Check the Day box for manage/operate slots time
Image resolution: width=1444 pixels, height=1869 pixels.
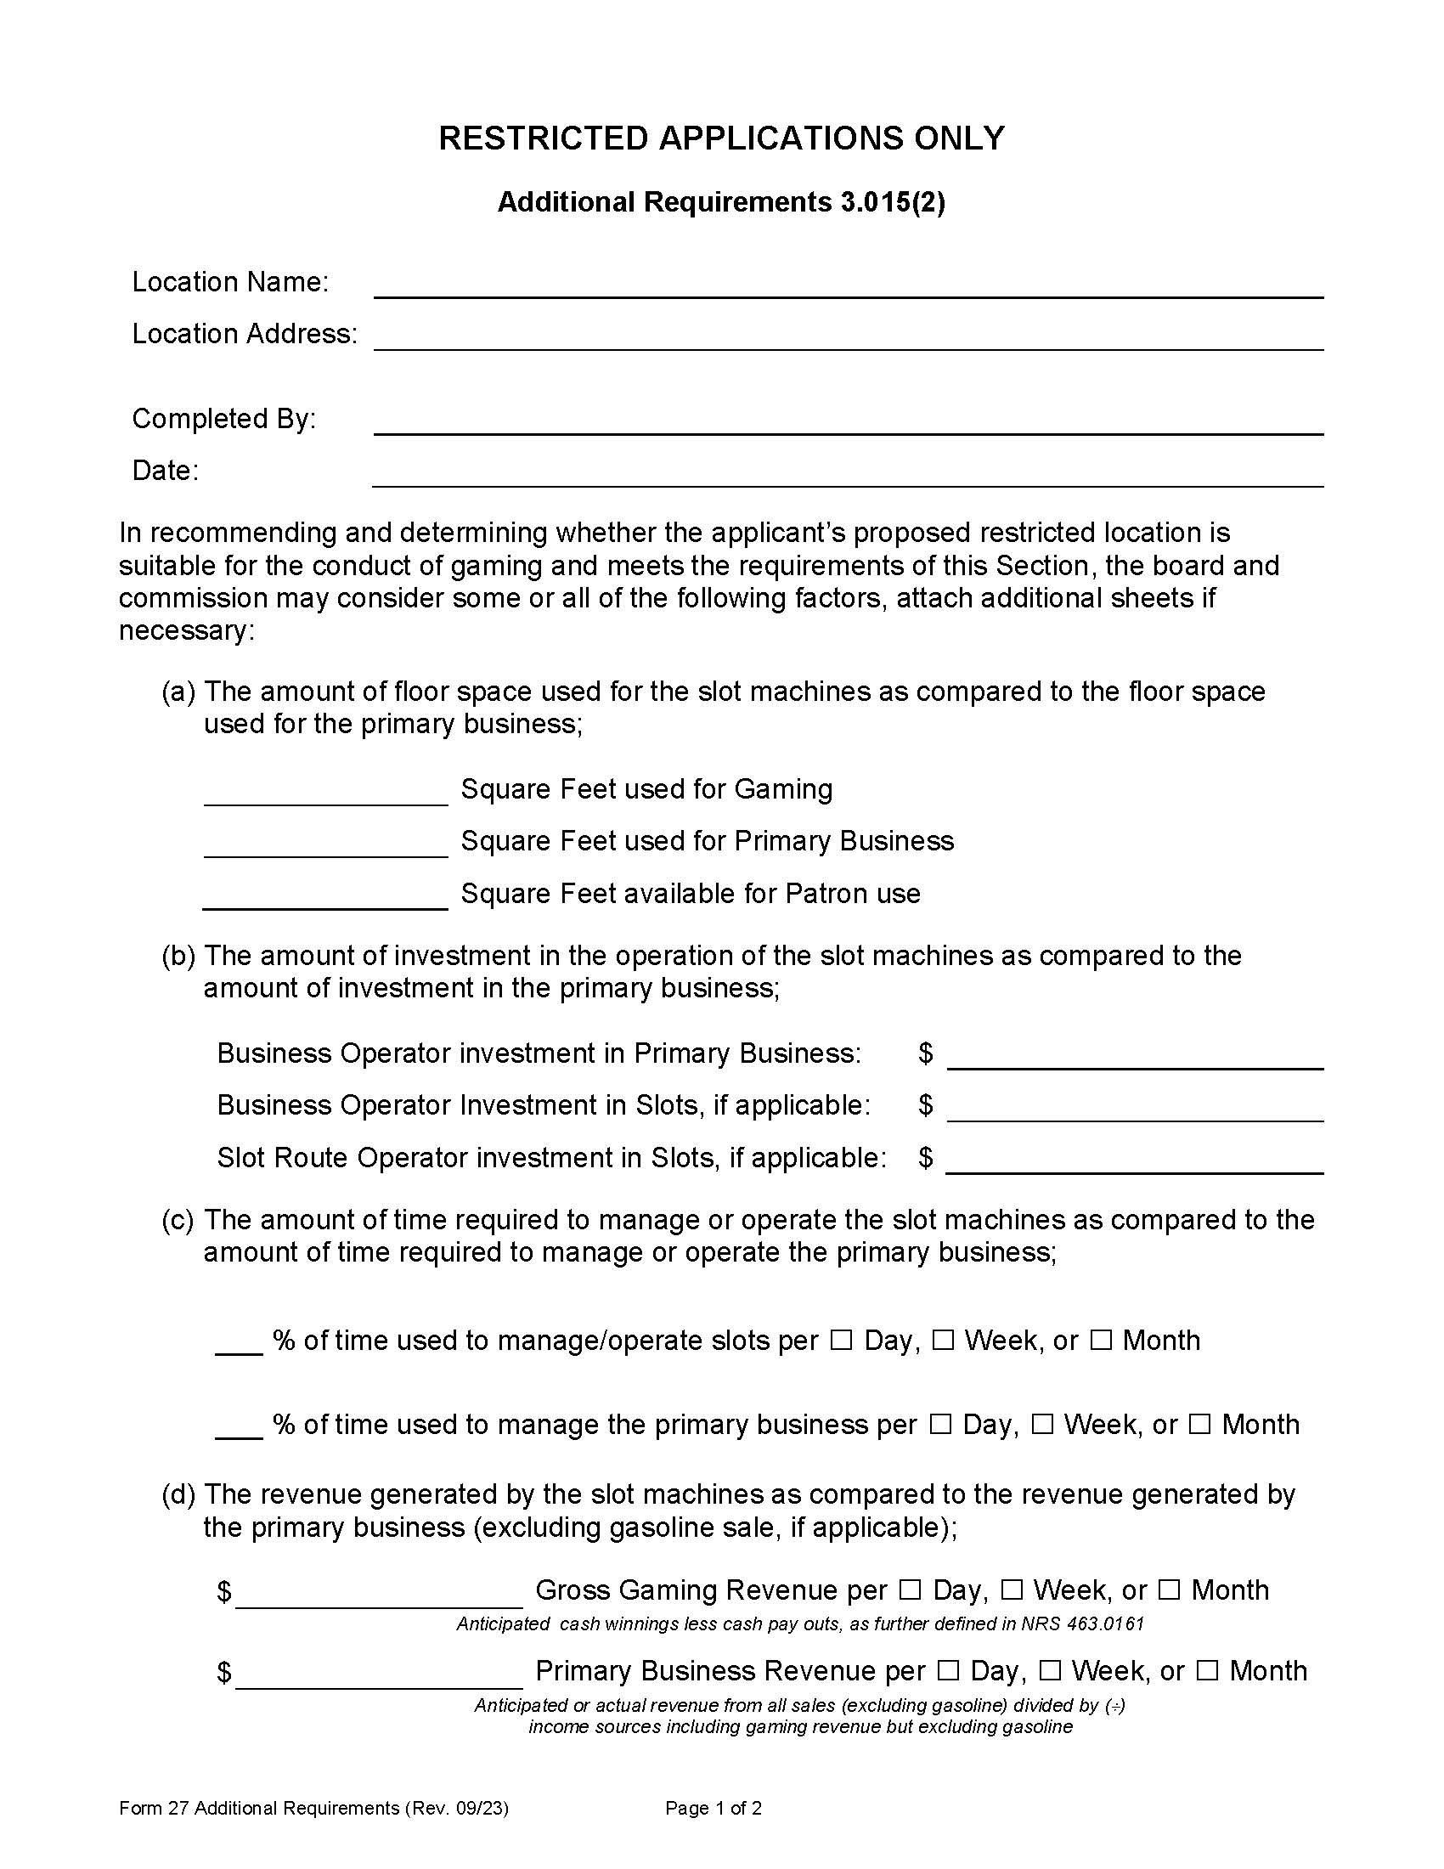tap(842, 1340)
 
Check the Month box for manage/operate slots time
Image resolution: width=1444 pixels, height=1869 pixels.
tap(1101, 1340)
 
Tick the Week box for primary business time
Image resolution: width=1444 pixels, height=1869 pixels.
tap(1042, 1425)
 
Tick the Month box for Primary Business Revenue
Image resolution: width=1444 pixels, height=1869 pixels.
tap(1207, 1670)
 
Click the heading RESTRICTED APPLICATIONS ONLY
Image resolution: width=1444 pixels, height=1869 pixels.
tap(721, 138)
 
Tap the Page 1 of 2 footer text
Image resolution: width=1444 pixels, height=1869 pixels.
tap(714, 1808)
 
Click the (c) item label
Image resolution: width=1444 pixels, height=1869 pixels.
tap(178, 1219)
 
